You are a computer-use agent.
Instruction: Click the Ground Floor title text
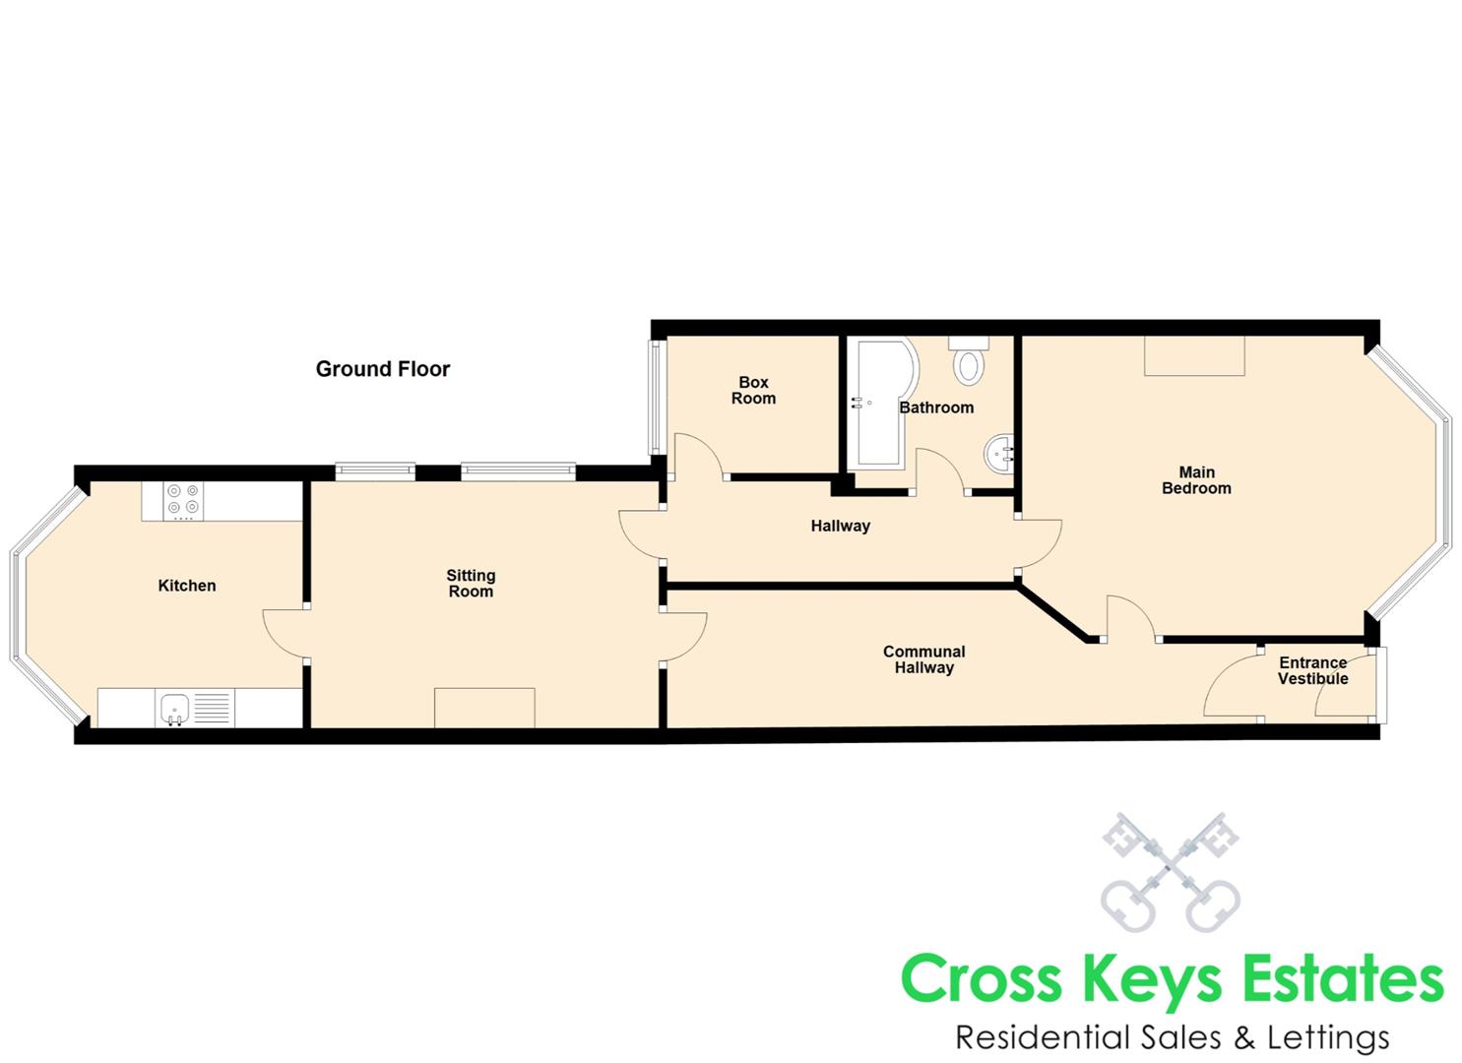[382, 369]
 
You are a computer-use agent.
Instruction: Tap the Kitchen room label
[187, 586]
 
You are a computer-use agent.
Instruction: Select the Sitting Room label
[471, 584]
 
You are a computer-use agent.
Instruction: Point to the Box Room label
[753, 390]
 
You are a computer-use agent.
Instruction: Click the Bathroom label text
[936, 407]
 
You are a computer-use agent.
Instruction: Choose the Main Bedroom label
[1196, 480]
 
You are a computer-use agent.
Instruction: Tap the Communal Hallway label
[924, 659]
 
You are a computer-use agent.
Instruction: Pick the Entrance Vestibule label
[1313, 671]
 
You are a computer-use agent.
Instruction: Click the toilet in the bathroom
[969, 359]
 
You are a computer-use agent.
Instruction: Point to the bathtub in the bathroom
[882, 403]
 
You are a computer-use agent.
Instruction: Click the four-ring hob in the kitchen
[183, 501]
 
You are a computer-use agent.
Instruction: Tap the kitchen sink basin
[175, 708]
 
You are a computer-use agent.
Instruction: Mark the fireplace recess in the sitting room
[484, 708]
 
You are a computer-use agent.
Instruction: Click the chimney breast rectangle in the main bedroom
[1194, 355]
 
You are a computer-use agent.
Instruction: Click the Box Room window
[656, 397]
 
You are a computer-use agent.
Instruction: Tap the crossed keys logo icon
[1171, 872]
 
